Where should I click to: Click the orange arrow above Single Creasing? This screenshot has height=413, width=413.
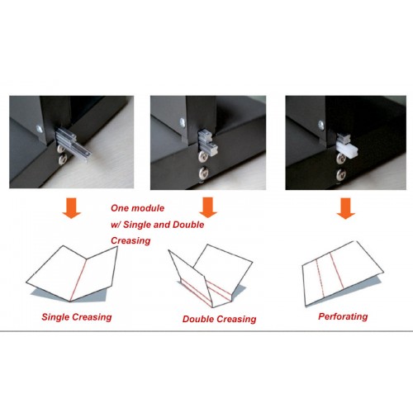tap(72, 207)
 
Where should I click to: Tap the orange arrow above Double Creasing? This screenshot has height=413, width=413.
tap(208, 207)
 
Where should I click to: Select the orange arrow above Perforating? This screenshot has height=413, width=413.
tap(346, 208)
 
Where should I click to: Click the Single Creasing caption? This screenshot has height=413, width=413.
tap(77, 317)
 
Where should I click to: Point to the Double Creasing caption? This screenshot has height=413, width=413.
tap(220, 320)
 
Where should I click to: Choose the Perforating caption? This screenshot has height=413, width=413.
tap(343, 316)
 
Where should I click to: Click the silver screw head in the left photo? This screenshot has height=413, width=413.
tap(40, 129)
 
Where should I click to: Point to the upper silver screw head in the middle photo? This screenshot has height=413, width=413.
tap(183, 122)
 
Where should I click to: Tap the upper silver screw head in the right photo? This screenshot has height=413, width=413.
tap(321, 125)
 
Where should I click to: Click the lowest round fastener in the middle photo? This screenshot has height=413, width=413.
tap(204, 173)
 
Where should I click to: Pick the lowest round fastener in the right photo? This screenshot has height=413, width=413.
tap(341, 174)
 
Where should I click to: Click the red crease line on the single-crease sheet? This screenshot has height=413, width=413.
tap(78, 280)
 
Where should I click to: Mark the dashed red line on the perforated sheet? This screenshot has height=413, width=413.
tap(320, 278)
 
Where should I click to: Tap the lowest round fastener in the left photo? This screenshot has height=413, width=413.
tap(64, 159)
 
